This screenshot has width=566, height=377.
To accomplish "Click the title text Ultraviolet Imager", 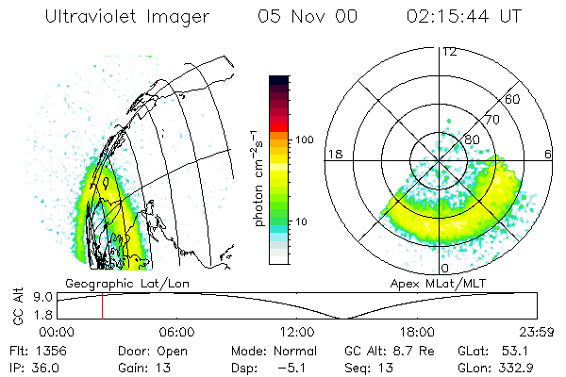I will point(125,18).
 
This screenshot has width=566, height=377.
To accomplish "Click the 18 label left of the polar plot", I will point(333,153).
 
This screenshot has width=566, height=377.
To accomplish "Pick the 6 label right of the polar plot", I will point(548,153).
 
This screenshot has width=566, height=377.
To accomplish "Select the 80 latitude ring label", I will point(472,139).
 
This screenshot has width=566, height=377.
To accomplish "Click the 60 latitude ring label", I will point(513,99).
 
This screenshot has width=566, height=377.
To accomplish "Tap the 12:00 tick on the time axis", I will point(297,332).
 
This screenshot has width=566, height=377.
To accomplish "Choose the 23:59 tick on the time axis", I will point(535,332).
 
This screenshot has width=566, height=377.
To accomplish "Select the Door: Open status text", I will point(143,350).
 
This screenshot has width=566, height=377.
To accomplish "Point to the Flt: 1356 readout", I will point(35,350).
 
